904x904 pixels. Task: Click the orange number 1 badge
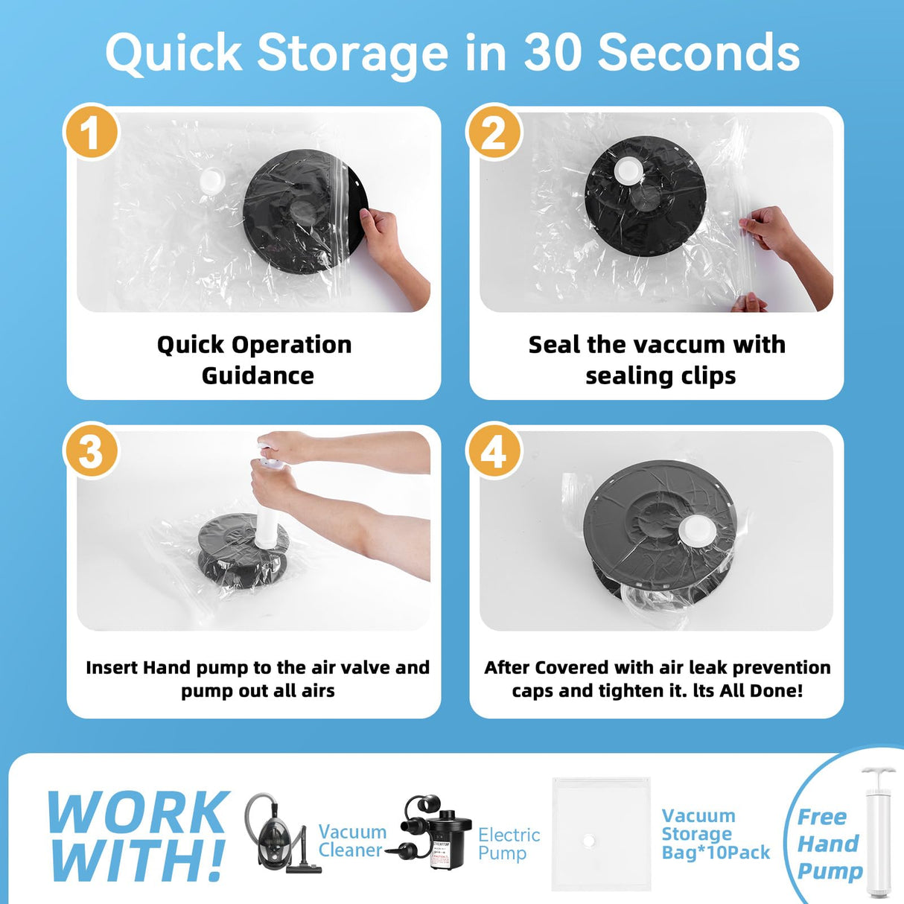(x=91, y=131)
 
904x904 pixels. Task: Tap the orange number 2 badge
(x=493, y=131)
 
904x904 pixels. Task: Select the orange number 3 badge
(x=91, y=450)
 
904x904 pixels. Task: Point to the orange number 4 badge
(x=493, y=450)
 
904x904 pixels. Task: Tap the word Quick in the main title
(x=174, y=54)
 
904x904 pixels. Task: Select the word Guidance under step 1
(x=258, y=376)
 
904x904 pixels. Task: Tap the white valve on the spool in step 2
(x=628, y=171)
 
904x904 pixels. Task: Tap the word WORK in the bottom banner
(x=139, y=813)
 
